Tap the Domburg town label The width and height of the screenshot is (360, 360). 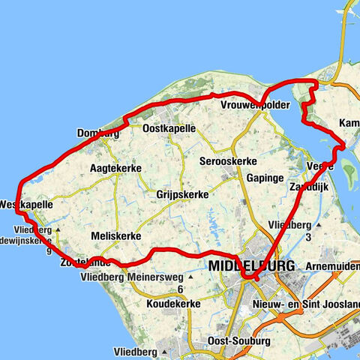click(98, 134)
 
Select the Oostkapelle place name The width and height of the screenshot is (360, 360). click(169, 129)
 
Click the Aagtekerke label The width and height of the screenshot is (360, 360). click(115, 168)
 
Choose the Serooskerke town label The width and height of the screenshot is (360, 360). click(229, 161)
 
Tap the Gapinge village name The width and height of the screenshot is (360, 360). click(265, 178)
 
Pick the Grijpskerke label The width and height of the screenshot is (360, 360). click(182, 194)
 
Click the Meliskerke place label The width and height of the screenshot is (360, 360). click(115, 235)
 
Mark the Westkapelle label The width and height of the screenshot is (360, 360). click(27, 203)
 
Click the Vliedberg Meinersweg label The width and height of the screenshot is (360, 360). click(133, 277)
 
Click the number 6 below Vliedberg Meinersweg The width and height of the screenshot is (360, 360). click(180, 289)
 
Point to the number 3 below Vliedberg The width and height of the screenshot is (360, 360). click(307, 238)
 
